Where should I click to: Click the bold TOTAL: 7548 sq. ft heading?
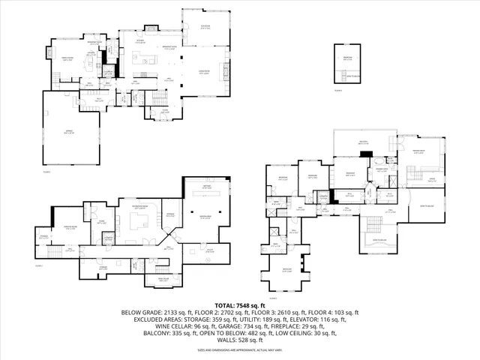coord(240,306)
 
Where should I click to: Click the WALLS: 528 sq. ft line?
coord(240,340)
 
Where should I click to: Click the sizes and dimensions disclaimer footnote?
coord(240,349)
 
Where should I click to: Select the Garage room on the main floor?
coord(73,132)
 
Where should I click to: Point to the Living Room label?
coord(203,71)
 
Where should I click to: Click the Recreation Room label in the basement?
coord(139,206)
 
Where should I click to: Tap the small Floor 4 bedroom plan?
coord(346,64)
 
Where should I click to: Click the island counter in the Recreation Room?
coord(139,222)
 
